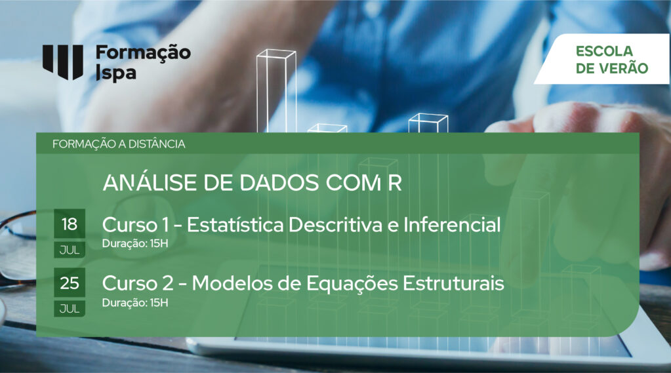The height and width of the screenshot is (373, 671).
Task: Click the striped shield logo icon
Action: tap(63, 62)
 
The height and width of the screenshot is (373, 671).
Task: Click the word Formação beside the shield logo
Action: tap(143, 54)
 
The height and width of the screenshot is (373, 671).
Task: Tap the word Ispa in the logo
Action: tap(116, 73)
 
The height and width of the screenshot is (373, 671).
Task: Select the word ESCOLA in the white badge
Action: tap(604, 51)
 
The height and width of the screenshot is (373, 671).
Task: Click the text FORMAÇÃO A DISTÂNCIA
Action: tap(119, 144)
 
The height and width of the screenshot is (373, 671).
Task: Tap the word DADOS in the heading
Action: tap(279, 183)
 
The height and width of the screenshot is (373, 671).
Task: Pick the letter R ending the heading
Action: tap(395, 183)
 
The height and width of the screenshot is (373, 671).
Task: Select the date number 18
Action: tap(70, 224)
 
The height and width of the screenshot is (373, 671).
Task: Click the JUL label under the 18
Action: tap(70, 250)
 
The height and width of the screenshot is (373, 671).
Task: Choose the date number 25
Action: tap(70, 283)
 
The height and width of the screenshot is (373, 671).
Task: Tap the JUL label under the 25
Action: tap(70, 309)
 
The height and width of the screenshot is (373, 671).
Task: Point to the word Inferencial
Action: tap(452, 225)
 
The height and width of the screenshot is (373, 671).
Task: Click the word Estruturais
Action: tap(454, 284)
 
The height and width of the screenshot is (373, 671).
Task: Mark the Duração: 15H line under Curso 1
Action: tap(135, 243)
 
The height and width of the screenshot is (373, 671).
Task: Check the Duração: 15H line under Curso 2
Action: tap(135, 302)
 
